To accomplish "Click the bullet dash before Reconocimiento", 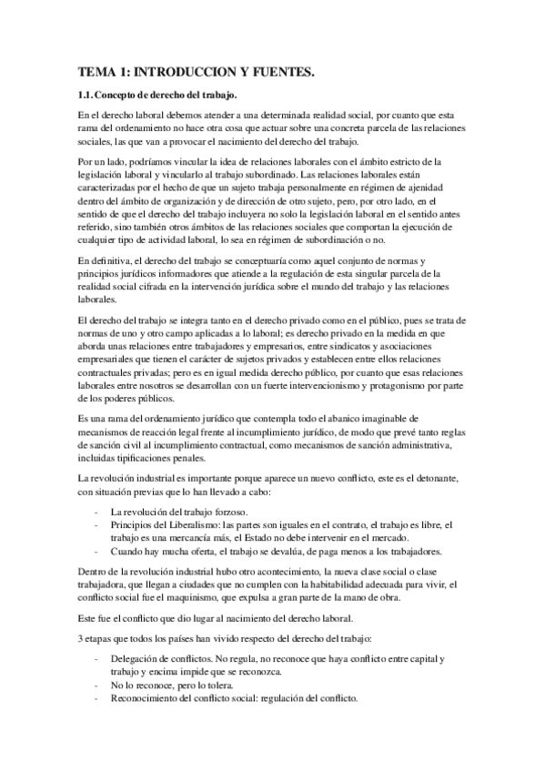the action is [96, 698].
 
